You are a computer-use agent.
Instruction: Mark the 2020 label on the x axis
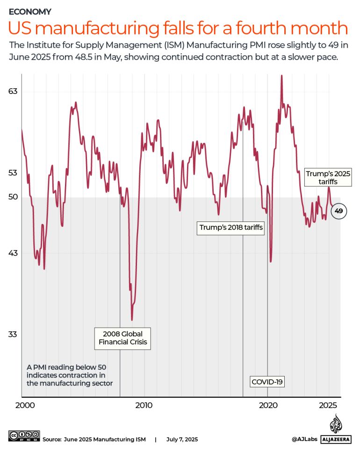click(267, 406)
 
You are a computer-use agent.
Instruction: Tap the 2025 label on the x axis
click(329, 406)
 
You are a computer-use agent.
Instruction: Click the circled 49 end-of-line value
click(339, 211)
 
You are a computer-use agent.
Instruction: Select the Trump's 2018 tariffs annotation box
click(230, 228)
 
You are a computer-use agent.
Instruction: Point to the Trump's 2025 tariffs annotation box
click(328, 178)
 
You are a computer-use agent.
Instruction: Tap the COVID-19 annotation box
click(267, 382)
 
